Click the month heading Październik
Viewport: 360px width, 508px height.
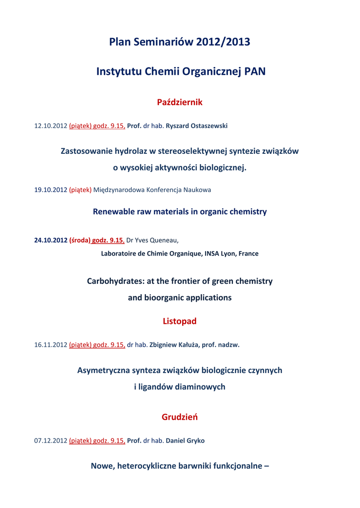(180, 102)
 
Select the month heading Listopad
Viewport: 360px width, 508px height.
(180, 321)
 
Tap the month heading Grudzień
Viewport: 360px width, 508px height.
(180, 417)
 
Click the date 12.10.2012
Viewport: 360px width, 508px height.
(50, 126)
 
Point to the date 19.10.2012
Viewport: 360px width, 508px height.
(50, 190)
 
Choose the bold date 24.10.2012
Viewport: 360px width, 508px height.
(50, 240)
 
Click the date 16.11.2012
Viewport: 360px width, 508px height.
(50, 345)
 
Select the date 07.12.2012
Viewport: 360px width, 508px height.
(50, 441)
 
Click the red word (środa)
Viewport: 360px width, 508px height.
(79, 240)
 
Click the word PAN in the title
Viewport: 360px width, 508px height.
(255, 72)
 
